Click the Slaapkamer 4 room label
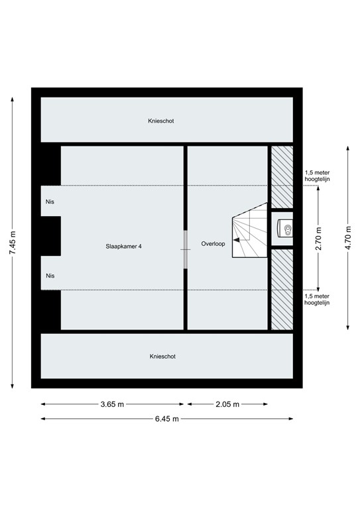pyautogui.click(x=123, y=245)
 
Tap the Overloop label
pyautogui.click(x=213, y=244)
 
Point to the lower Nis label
pyautogui.click(x=50, y=276)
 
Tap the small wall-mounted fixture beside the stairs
pyautogui.click(x=286, y=231)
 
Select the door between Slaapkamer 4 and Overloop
pyautogui.click(x=186, y=249)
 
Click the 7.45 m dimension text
pyautogui.click(x=13, y=249)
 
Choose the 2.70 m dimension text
pyautogui.click(x=319, y=238)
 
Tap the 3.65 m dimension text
pyautogui.click(x=113, y=404)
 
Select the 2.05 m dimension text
pyautogui.click(x=227, y=404)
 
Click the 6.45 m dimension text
pyautogui.click(x=166, y=419)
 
